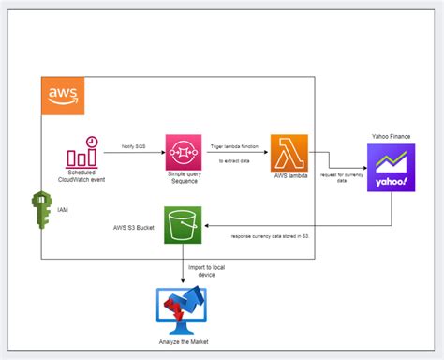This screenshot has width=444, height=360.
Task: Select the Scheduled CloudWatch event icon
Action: (84, 152)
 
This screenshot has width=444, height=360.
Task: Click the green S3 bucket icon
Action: (183, 226)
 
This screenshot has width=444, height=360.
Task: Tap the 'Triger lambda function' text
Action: (235, 145)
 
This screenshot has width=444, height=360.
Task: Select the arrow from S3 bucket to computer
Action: (183, 265)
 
